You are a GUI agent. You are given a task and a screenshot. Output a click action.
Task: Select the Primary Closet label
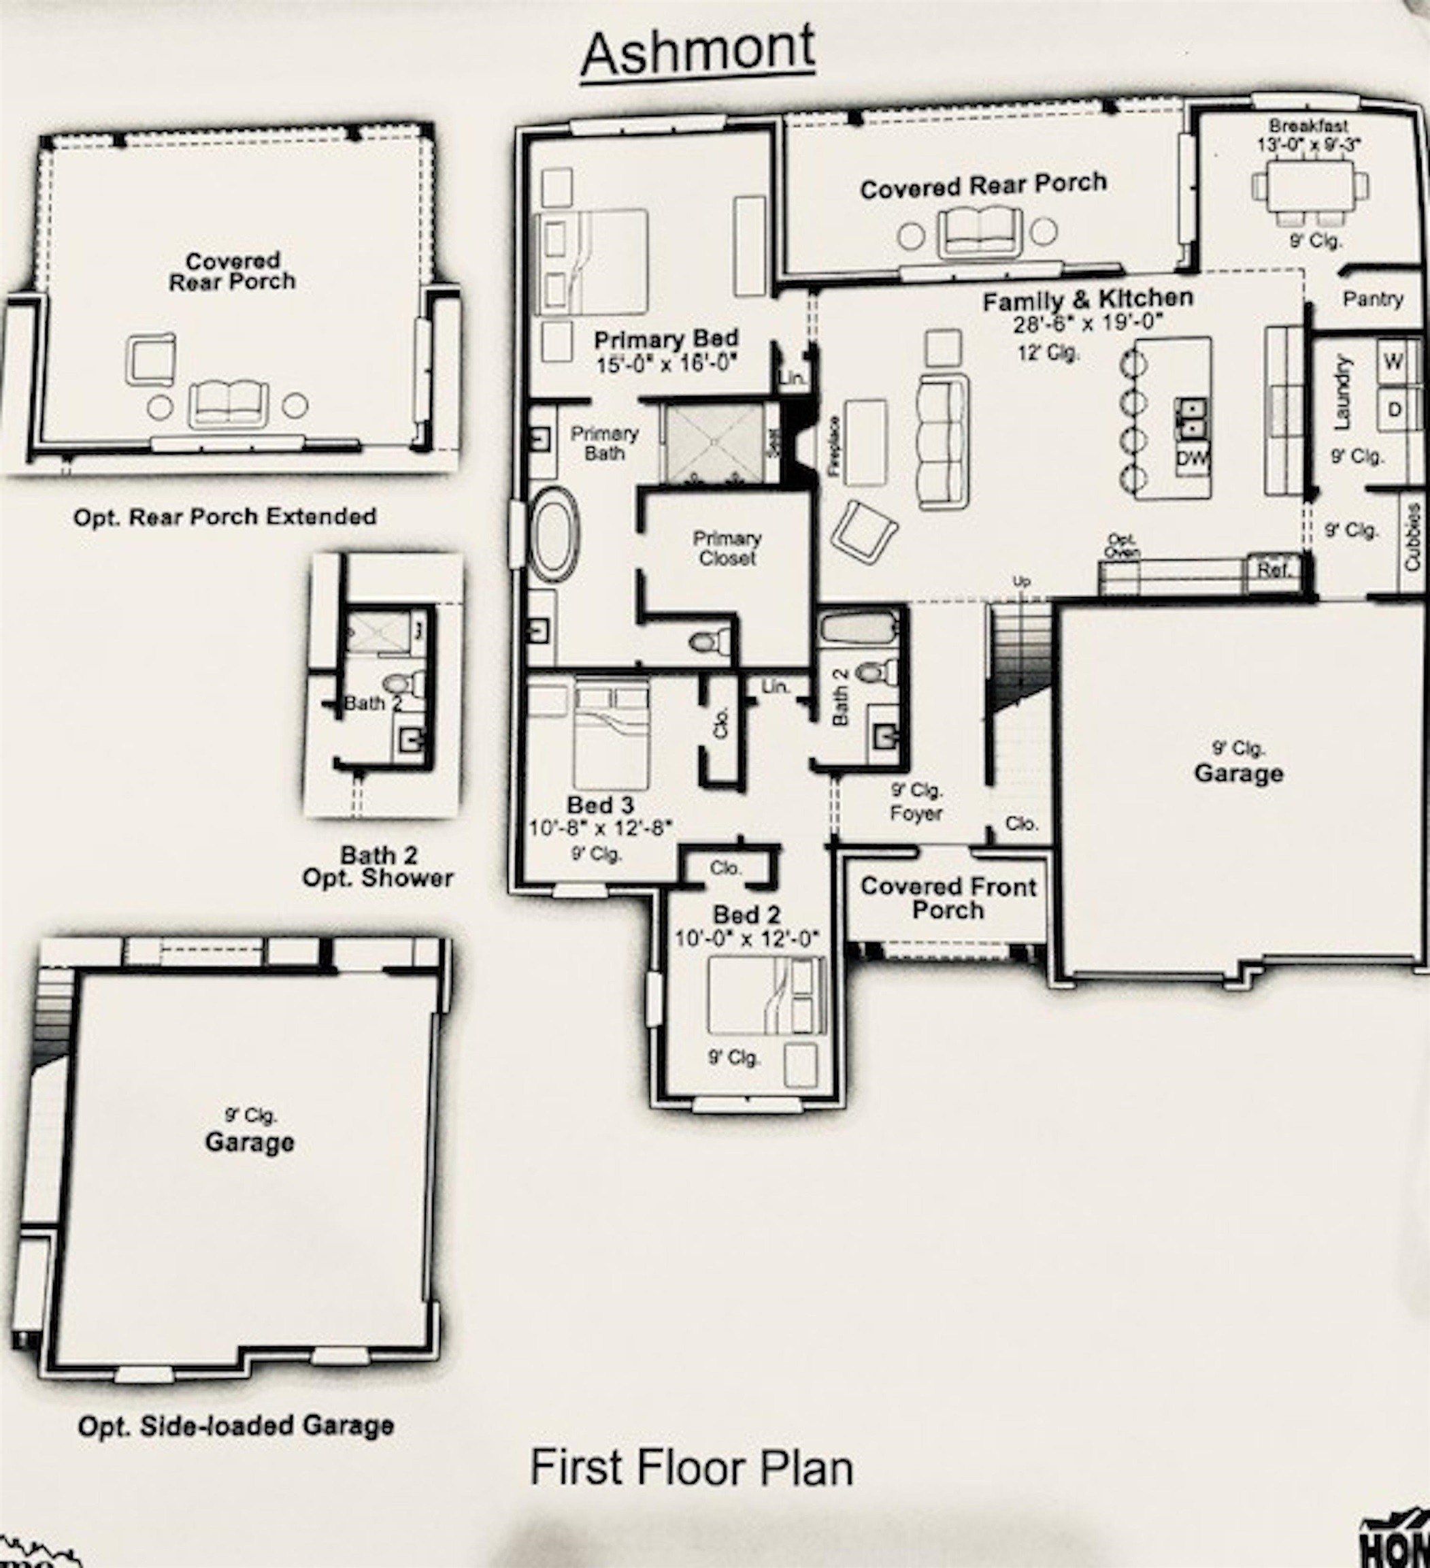tap(727, 548)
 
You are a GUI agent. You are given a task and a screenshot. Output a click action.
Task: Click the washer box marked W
tap(1394, 361)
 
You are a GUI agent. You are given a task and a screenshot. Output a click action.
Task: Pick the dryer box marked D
tap(1394, 409)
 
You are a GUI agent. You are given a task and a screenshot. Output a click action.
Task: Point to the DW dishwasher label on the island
tap(1191, 458)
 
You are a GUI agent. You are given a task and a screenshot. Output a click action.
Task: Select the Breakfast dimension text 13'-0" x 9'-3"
tap(1309, 144)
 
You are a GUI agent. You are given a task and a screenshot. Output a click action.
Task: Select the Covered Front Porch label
tap(948, 898)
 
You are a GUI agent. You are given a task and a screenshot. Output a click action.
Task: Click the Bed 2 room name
tap(746, 915)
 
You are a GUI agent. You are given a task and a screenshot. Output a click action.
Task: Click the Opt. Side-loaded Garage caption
tap(235, 1426)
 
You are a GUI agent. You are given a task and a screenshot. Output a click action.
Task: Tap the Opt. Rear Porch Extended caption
tap(225, 517)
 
